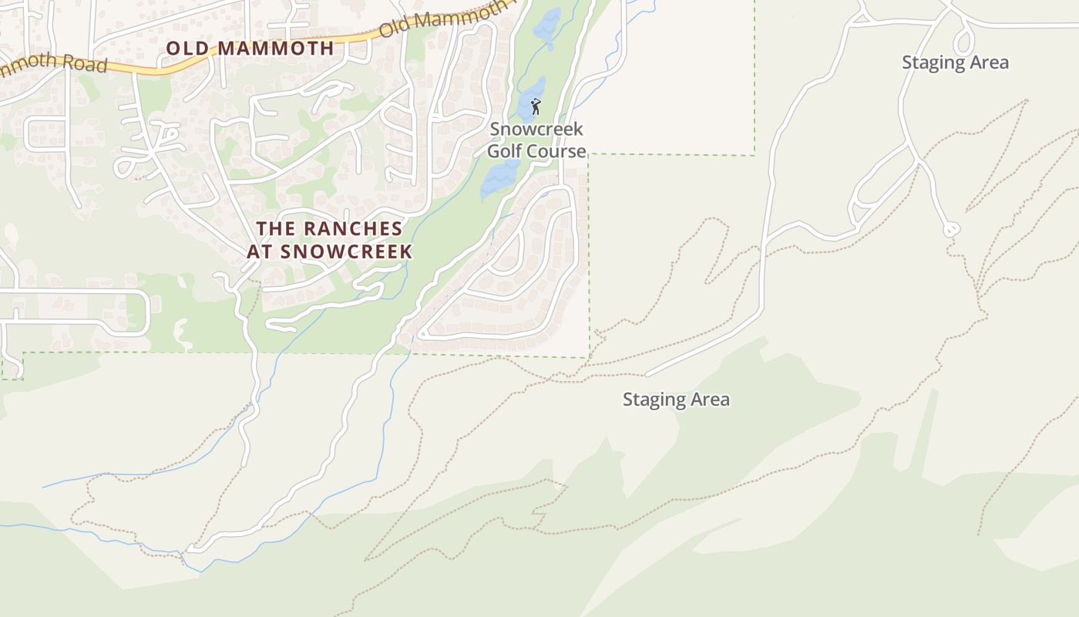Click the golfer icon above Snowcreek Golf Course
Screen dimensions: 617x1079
(x=536, y=106)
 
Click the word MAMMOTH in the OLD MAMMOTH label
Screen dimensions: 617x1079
(x=275, y=48)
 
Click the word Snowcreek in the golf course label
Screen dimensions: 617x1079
(x=536, y=129)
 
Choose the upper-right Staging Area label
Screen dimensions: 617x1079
(x=955, y=62)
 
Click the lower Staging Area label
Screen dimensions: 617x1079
(x=676, y=400)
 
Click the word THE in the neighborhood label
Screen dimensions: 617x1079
(x=276, y=229)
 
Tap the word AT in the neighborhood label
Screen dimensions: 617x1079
(x=260, y=252)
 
